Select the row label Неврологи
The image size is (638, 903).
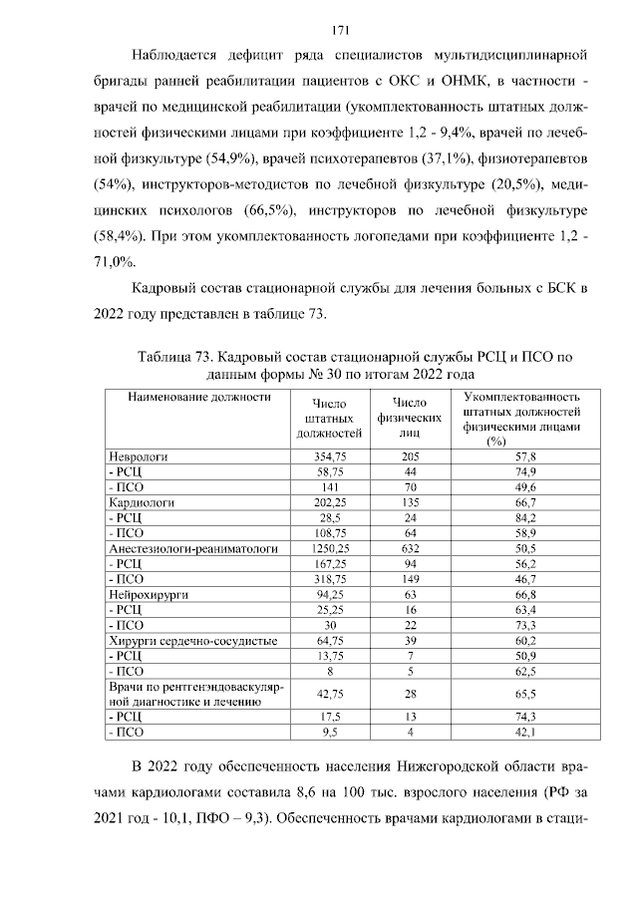[x=137, y=454]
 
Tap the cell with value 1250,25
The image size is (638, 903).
[x=328, y=547]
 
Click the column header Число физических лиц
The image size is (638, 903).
[x=410, y=419]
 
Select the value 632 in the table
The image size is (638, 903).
[x=410, y=547]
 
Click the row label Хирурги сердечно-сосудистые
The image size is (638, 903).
[x=177, y=640]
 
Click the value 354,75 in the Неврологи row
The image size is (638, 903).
[x=328, y=454]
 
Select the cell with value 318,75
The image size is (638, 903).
[x=328, y=578]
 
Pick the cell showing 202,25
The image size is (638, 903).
[x=328, y=501]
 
